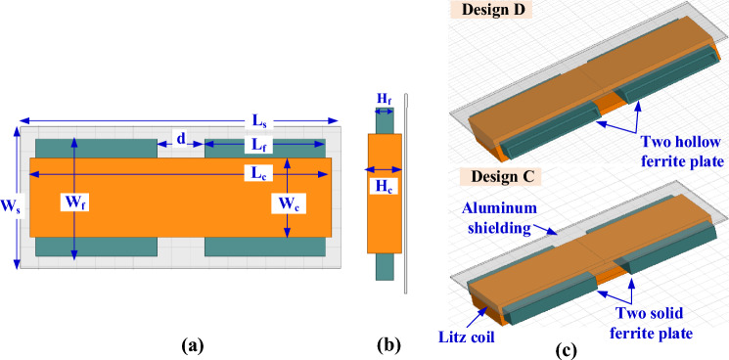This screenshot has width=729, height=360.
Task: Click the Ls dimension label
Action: tap(259, 121)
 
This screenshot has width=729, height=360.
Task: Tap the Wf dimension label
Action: tap(71, 203)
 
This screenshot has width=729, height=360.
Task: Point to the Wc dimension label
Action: tap(289, 203)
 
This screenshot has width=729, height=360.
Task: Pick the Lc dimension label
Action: tap(258, 174)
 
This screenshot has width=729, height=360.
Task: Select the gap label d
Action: tap(179, 138)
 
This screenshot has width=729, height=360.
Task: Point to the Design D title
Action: tap(495, 9)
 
